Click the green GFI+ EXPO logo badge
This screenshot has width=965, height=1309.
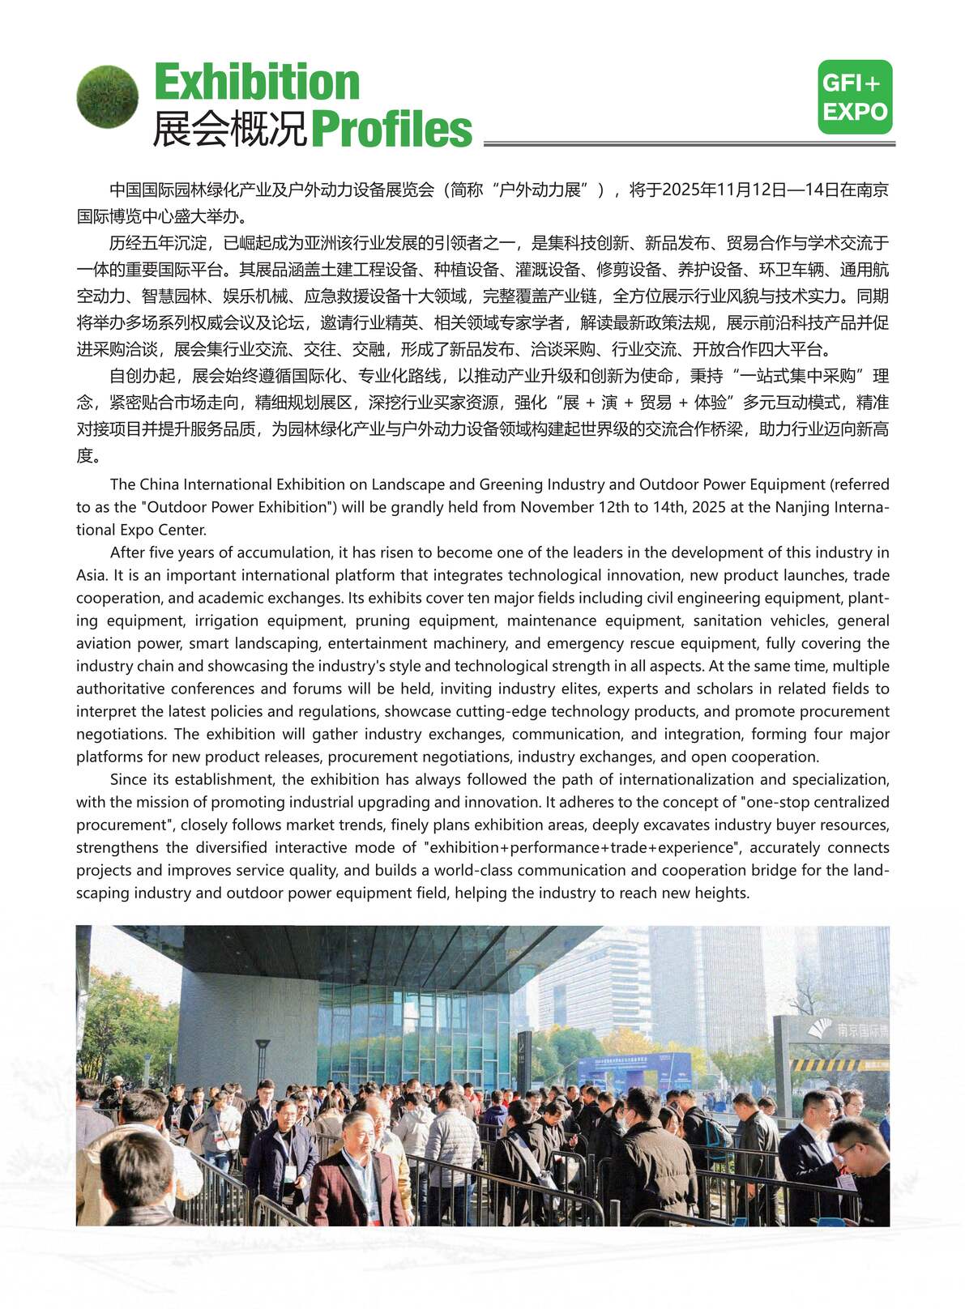[x=854, y=97]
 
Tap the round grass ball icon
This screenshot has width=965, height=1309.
[x=107, y=96]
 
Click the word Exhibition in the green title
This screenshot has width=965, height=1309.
[x=257, y=83]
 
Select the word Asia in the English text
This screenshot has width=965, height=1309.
[x=91, y=575]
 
